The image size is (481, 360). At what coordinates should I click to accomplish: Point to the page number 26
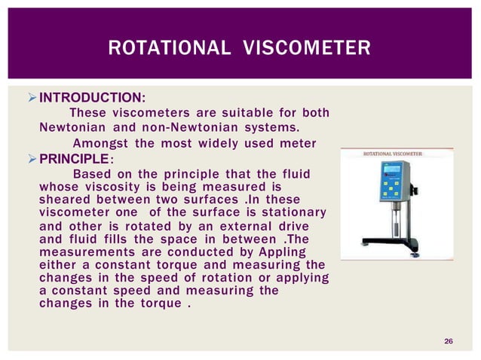pos(449,343)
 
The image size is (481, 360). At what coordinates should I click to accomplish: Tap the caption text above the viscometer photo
pos(393,154)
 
